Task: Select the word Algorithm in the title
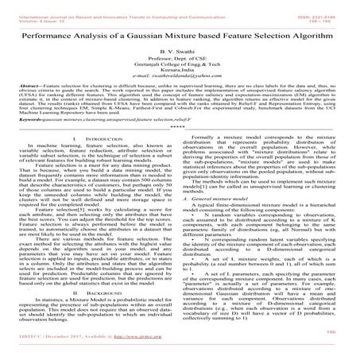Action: [324, 37]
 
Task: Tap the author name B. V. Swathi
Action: [180, 54]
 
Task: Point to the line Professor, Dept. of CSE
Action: [180, 62]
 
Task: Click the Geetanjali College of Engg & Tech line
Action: [180, 69]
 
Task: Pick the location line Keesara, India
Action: [180, 76]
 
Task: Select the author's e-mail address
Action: [180, 83]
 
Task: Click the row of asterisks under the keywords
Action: [180, 146]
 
